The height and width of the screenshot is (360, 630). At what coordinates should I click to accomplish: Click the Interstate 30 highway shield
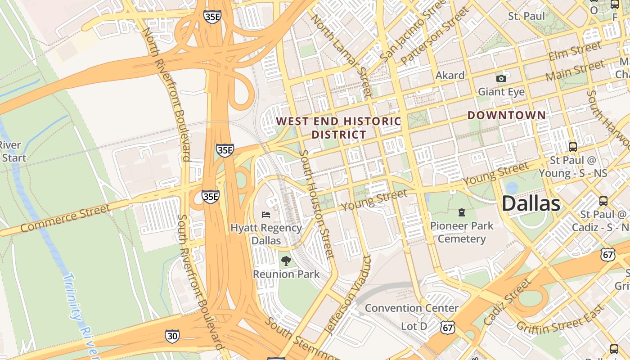coord(172,336)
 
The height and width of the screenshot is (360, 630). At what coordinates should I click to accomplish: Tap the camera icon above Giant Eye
coord(501,79)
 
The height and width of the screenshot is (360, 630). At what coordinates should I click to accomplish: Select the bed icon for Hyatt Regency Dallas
coord(266,214)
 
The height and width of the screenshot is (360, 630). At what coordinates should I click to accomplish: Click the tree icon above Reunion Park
coord(286,261)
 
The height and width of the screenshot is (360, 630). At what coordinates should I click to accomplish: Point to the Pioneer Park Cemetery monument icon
coord(462,212)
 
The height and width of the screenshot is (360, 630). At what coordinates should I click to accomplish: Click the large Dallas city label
coord(531,203)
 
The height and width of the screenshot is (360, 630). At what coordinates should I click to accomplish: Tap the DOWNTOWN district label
coord(506,115)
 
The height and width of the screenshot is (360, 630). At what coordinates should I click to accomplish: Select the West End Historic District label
coord(338,128)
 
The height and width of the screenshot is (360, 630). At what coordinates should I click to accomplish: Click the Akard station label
coord(450,76)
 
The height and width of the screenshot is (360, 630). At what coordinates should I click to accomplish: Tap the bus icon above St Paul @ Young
coord(573,147)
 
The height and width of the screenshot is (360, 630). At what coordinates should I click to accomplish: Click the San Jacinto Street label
coord(407,34)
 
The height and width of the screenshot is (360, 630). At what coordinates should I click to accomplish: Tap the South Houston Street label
coord(317,204)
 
